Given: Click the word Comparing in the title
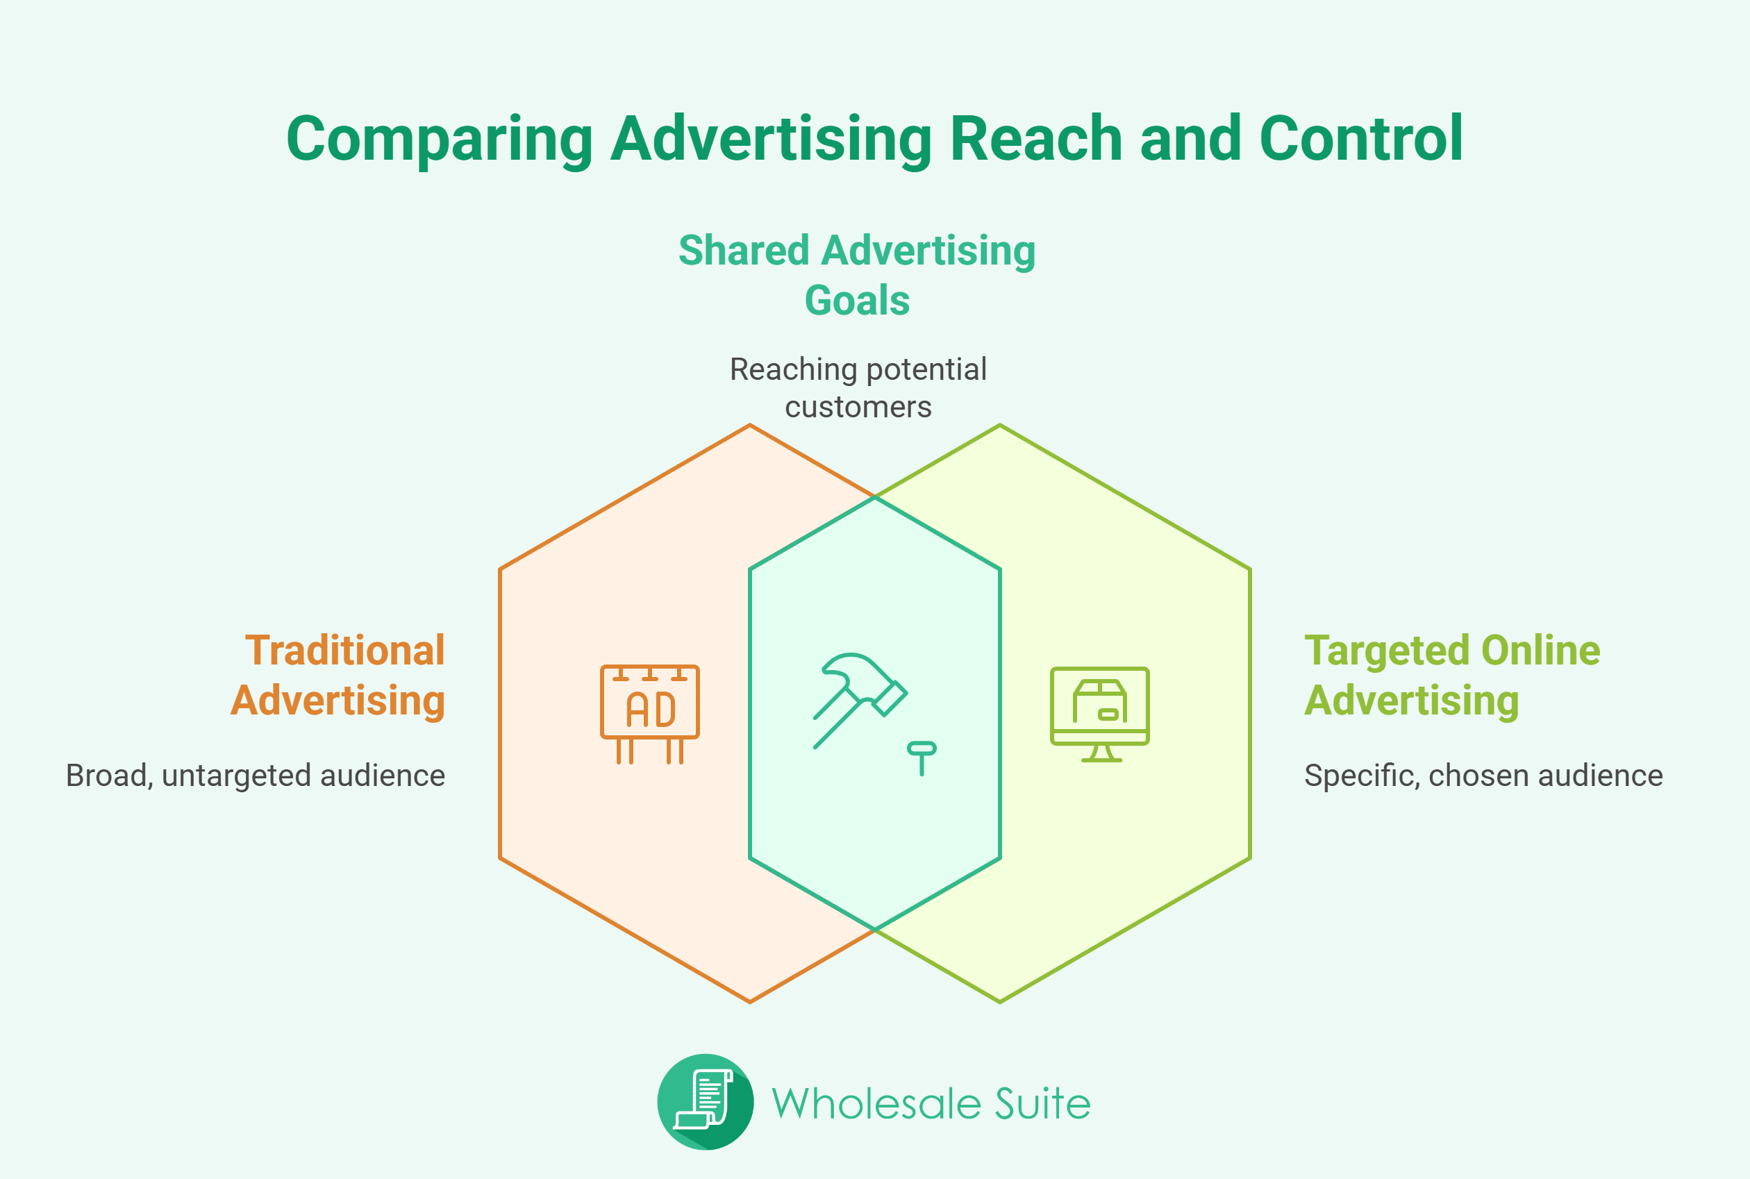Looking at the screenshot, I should [x=440, y=140].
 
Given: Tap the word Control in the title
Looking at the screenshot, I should [x=1360, y=138].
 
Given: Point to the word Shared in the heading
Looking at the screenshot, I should [x=743, y=251].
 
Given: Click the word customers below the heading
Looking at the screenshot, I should [x=858, y=408].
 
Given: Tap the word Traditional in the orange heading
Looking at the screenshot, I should [x=344, y=651].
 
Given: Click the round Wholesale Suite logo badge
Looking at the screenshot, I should [x=705, y=1101].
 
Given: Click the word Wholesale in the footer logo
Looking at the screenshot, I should [x=876, y=1104].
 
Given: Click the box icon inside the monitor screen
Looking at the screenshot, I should [x=1099, y=701].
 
